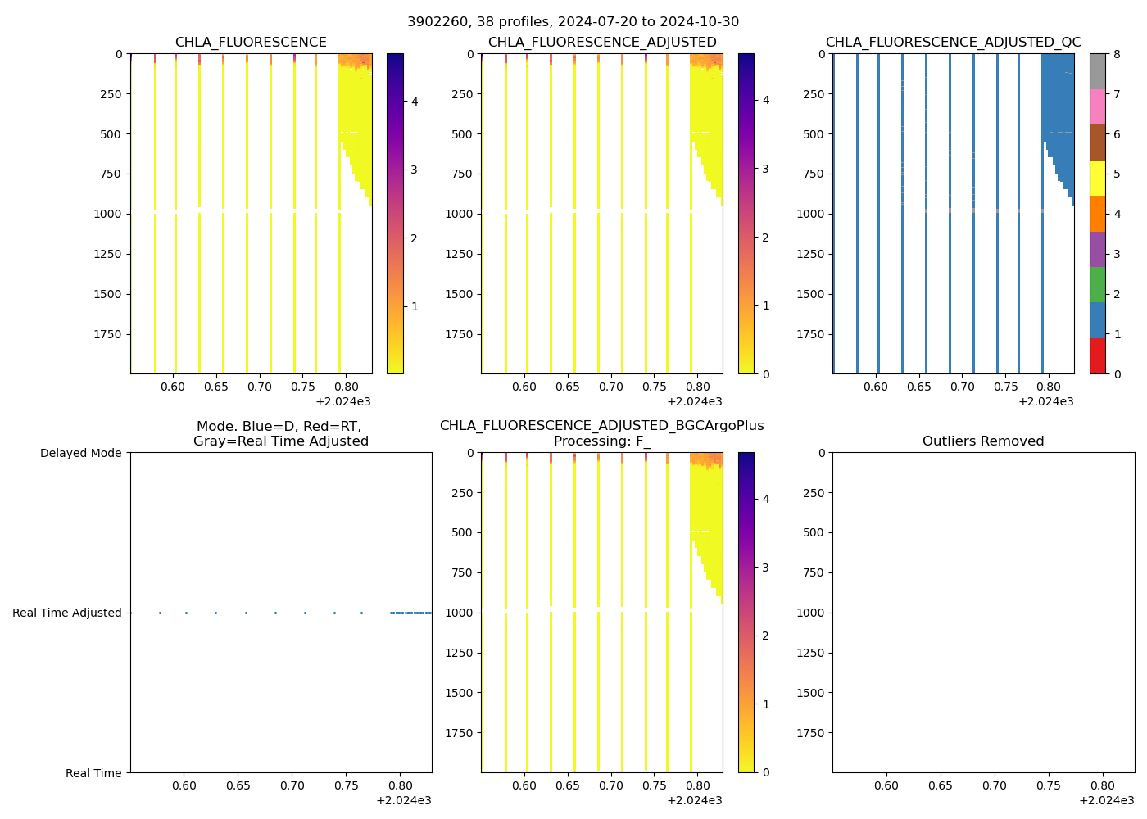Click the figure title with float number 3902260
(x=573, y=22)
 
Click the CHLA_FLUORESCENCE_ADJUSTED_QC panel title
(x=953, y=43)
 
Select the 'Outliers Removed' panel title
(x=982, y=441)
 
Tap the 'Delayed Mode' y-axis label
(x=80, y=453)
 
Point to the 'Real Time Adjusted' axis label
(x=66, y=613)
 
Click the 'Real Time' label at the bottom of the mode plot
(x=93, y=773)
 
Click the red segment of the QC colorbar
(x=1097, y=356)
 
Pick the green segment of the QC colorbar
(x=1097, y=284)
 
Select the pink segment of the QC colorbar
(x=1097, y=106)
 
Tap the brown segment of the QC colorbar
(x=1097, y=143)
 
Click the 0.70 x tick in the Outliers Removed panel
(x=995, y=786)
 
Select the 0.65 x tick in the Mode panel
(x=238, y=786)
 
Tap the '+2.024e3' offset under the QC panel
(x=1045, y=401)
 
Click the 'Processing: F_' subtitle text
(x=601, y=441)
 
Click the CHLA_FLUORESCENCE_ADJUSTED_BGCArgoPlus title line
(x=601, y=426)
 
